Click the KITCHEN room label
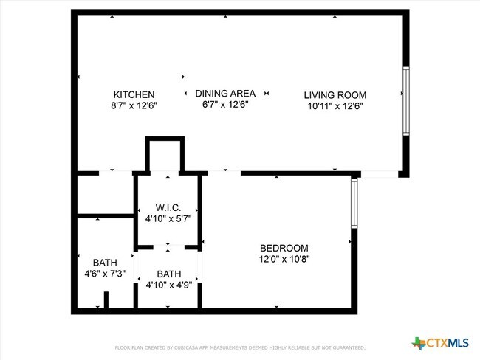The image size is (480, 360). point(134,94)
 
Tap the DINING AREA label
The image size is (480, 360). point(225,94)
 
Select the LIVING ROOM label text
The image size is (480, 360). point(335,95)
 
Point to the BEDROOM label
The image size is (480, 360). point(284,249)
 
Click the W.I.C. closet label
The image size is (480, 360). point(168,208)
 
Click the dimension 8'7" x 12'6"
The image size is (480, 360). point(134,106)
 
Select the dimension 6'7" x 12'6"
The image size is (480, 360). point(225,105)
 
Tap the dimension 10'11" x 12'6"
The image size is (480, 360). point(335,106)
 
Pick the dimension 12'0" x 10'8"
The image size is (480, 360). point(284,260)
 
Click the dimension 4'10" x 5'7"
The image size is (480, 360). point(168,219)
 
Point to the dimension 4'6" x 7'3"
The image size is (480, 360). point(104,274)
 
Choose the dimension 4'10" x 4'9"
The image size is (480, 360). point(168,285)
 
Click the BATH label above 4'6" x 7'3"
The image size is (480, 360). point(104,263)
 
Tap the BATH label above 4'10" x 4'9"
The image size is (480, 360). point(168,274)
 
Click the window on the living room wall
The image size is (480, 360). point(405,101)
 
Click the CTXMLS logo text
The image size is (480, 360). point(449,343)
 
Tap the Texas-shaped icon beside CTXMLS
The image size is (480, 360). point(419,343)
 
